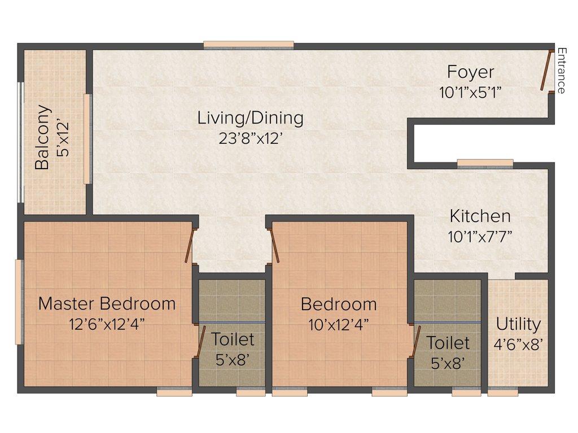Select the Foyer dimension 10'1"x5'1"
pos(471,92)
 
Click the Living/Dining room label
pos(250,118)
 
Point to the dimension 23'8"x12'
pos(250,138)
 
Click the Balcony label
pos(42,138)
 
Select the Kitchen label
pos(480,216)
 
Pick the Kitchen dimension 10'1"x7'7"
pos(480,236)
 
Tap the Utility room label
pos(518,324)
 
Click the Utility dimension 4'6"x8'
pos(518,344)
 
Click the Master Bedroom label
pos(107,303)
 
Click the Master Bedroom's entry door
pos(191,245)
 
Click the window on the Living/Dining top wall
pos(248,45)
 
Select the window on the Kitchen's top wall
pos(485,164)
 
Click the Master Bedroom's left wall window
pos(19,301)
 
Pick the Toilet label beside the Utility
pos(448,343)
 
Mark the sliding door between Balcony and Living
pos(87,139)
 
